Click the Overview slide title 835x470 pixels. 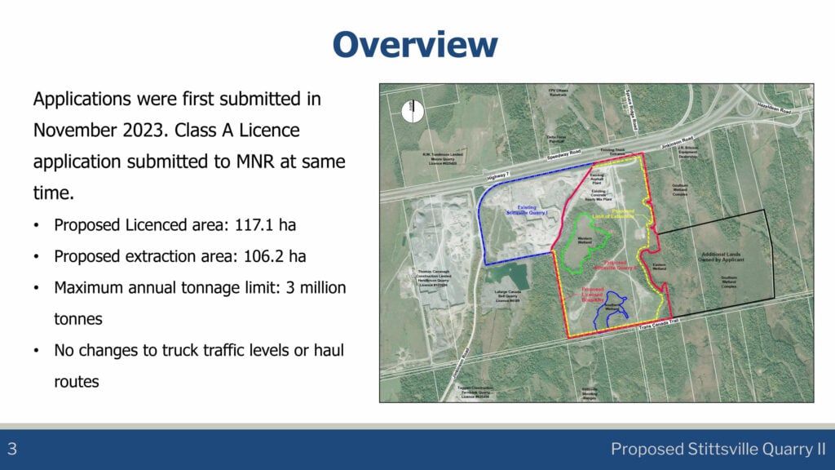click(416, 44)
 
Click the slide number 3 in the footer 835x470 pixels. click(13, 449)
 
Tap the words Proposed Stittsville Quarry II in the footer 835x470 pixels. click(718, 449)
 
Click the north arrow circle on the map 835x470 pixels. click(413, 110)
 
